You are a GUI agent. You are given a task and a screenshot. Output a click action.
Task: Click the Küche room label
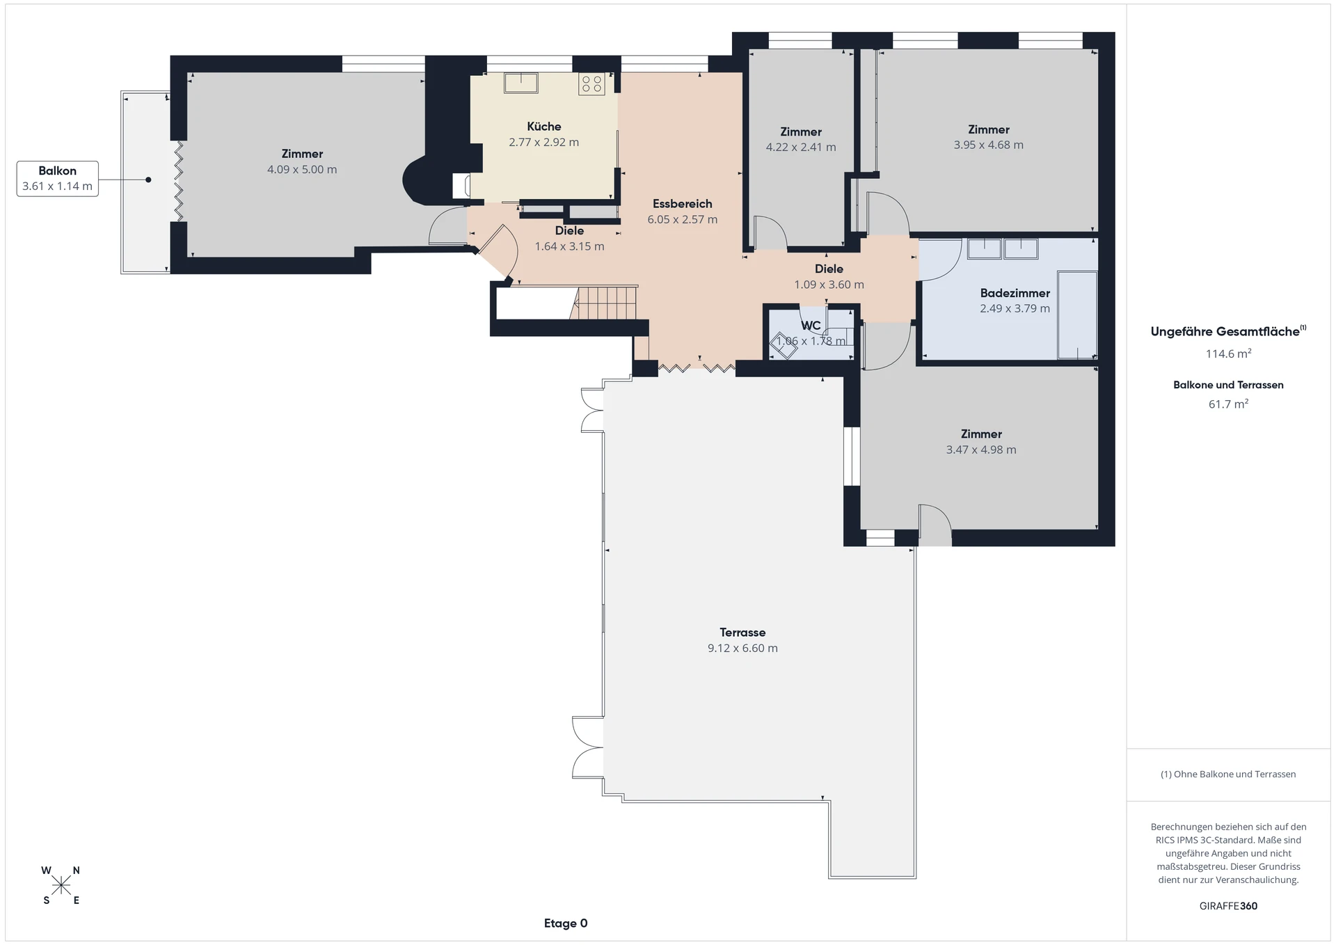click(x=543, y=127)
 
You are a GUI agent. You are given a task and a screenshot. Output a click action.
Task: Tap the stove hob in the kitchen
click(x=591, y=84)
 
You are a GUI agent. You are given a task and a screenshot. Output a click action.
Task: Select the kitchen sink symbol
click(x=521, y=83)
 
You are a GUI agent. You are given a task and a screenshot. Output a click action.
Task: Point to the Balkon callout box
click(x=58, y=179)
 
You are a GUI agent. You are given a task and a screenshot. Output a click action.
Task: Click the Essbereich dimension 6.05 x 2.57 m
click(x=683, y=220)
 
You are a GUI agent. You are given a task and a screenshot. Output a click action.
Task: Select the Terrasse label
click(x=742, y=633)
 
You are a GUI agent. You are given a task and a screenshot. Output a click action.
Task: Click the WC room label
click(x=811, y=326)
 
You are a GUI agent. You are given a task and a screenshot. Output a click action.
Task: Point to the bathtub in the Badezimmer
click(x=1077, y=315)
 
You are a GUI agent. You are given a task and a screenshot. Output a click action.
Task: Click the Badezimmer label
click(x=1015, y=294)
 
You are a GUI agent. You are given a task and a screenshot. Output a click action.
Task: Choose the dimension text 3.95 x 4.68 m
click(x=989, y=145)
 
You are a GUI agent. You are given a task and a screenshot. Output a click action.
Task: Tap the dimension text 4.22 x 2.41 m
click(x=801, y=148)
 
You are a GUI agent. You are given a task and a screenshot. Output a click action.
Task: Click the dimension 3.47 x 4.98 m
click(x=981, y=450)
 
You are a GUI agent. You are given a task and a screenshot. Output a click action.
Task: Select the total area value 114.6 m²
click(x=1229, y=354)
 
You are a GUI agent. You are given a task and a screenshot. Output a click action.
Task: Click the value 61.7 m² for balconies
click(x=1229, y=404)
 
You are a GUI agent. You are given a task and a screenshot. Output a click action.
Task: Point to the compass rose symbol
click(x=61, y=885)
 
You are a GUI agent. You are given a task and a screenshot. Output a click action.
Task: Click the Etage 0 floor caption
click(x=566, y=923)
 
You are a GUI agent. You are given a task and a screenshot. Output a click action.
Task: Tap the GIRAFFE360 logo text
click(x=1229, y=906)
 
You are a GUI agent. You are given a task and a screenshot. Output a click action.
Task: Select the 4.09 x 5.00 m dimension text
click(x=302, y=170)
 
